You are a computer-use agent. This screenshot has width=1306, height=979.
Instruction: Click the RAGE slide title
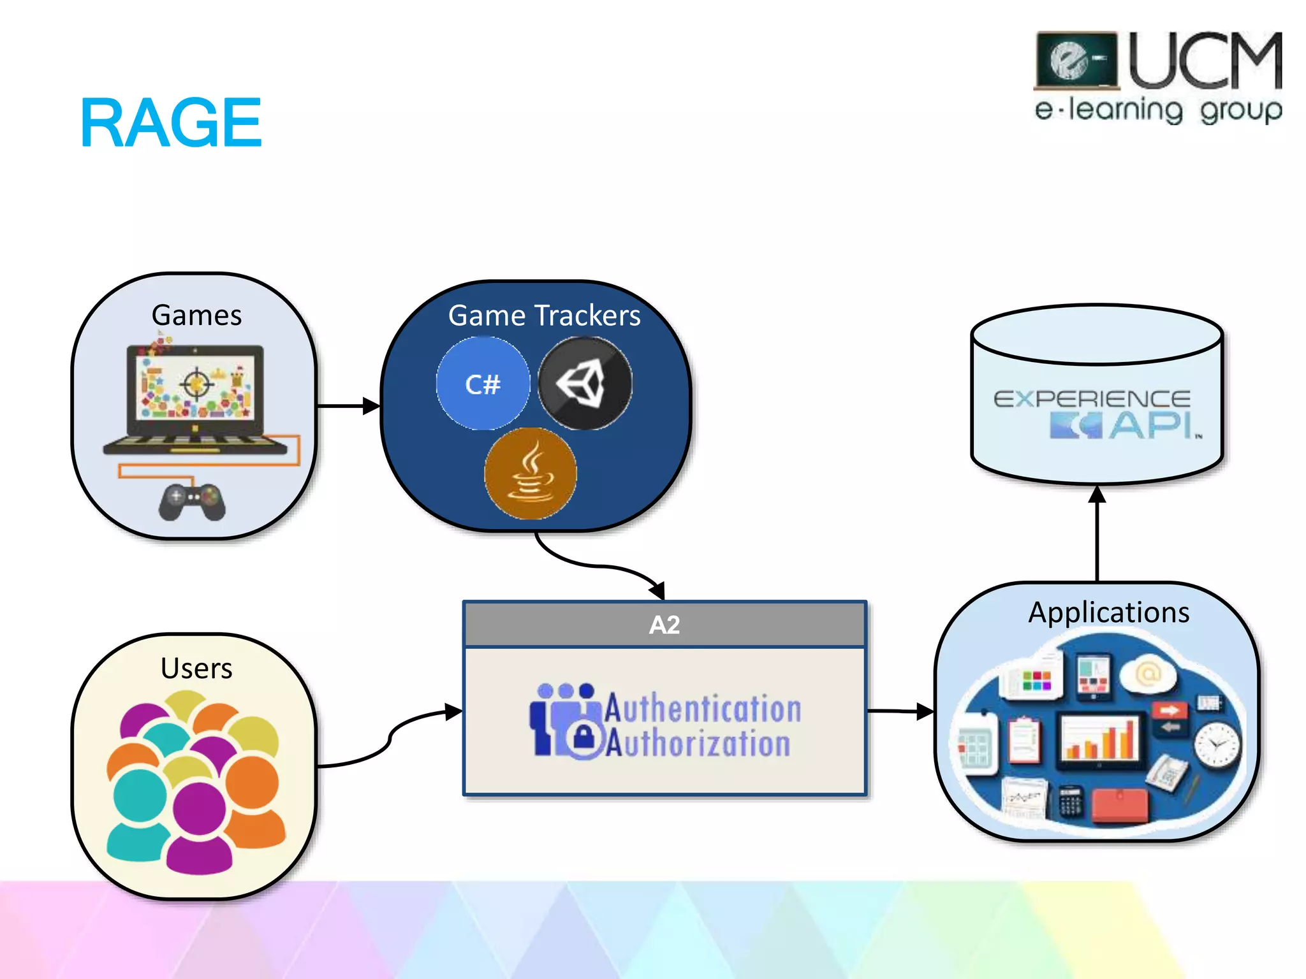click(171, 123)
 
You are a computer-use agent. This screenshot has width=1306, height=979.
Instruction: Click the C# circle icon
click(483, 384)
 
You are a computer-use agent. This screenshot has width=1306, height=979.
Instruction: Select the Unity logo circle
click(585, 383)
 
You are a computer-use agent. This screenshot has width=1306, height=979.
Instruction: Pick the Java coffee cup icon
click(531, 474)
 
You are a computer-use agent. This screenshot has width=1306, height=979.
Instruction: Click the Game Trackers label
click(544, 315)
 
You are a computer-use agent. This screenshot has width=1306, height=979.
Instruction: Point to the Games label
click(196, 315)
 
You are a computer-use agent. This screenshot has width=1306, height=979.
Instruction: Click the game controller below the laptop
click(192, 502)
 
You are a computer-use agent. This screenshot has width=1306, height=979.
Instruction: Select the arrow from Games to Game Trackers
click(348, 405)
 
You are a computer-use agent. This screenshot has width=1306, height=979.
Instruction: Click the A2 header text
click(664, 625)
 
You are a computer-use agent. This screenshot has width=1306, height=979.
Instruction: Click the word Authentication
click(703, 708)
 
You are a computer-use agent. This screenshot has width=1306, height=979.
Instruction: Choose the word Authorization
click(698, 743)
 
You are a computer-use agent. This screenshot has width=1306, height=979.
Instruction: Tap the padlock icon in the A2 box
click(583, 738)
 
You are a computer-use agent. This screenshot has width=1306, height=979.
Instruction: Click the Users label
click(196, 668)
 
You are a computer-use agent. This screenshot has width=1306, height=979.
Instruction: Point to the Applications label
click(1108, 612)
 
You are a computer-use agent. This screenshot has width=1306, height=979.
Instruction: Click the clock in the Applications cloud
click(1217, 744)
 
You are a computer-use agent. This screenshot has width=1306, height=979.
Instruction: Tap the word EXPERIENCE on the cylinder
click(1092, 400)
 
